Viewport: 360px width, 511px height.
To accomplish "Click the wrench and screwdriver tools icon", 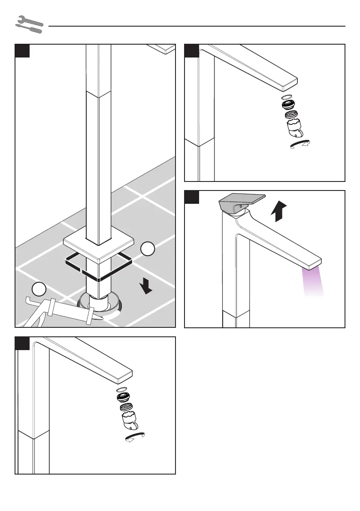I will (29, 25).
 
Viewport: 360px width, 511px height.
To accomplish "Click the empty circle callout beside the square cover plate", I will (147, 249).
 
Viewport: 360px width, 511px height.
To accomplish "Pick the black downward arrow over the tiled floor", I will (147, 285).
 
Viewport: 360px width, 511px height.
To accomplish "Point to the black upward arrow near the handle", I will (278, 211).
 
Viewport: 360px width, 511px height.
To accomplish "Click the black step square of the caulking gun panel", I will (22, 51).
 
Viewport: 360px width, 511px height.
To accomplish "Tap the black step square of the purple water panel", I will (191, 197).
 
